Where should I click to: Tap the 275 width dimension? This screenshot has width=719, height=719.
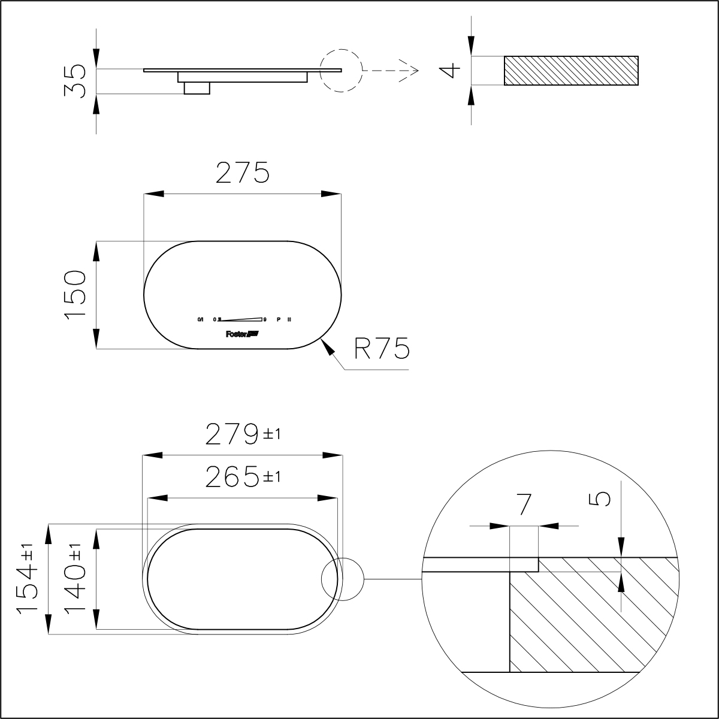[x=243, y=173]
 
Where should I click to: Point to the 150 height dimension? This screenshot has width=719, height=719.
[x=77, y=295]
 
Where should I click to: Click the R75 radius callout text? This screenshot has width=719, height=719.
[x=381, y=349]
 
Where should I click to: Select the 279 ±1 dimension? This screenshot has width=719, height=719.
[x=243, y=434]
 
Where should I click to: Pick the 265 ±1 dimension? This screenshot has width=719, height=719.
[x=243, y=478]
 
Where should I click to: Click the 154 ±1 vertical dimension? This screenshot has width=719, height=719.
[x=28, y=579]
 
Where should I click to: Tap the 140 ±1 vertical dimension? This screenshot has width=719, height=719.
[x=76, y=579]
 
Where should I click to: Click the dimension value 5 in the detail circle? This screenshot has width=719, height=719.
[x=603, y=499]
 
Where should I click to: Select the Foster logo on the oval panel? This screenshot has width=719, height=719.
[x=241, y=334]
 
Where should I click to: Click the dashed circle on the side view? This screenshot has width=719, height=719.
[x=341, y=70]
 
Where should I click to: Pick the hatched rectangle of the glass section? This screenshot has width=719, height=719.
[x=570, y=71]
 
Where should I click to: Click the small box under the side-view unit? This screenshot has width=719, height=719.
[x=197, y=88]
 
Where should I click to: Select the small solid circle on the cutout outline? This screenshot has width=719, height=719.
[x=343, y=579]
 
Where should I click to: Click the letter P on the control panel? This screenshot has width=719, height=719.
[x=278, y=319]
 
